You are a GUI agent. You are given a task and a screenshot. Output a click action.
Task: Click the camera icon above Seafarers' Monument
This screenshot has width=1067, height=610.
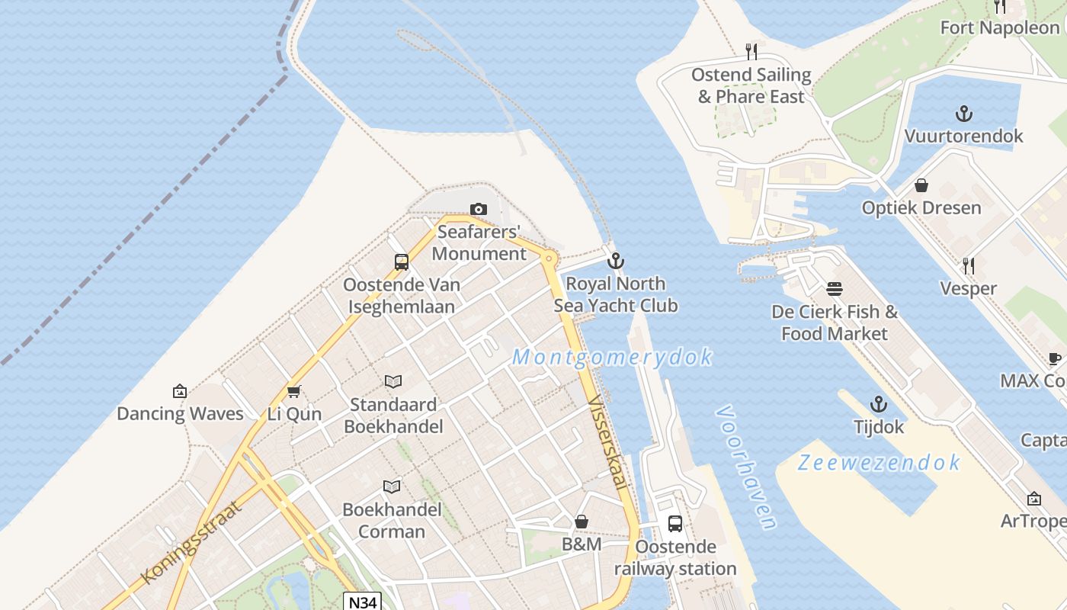[479, 209]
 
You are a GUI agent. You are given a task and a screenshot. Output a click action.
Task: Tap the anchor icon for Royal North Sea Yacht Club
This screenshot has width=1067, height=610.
[615, 262]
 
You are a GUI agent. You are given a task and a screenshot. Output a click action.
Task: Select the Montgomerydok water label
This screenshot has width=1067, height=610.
[613, 357]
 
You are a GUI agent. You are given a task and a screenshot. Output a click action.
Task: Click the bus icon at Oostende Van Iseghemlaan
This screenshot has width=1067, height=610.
[402, 262]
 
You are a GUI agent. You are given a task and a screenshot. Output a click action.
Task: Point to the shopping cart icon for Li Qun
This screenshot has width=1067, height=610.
[294, 392]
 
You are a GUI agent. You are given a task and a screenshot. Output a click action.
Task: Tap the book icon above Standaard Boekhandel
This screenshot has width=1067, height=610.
[393, 381]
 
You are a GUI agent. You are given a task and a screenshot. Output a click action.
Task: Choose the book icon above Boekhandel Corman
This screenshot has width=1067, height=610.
[392, 486]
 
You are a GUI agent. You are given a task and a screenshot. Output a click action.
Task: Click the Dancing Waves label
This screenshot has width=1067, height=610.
[180, 414]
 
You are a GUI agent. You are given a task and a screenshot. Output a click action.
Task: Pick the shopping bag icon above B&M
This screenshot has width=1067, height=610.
[582, 522]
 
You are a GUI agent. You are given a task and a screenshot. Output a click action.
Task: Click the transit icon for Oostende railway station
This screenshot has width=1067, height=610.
[675, 524]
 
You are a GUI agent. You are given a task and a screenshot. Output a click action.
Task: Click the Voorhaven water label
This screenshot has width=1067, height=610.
[747, 467]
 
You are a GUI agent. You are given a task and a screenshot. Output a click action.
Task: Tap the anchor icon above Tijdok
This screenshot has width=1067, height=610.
[879, 404]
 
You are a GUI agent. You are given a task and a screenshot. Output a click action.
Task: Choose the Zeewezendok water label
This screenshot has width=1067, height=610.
[879, 463]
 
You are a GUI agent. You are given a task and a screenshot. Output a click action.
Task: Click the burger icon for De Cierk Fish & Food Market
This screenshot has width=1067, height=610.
[835, 290]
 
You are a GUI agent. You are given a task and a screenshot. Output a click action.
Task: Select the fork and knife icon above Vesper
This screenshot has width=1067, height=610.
[969, 266]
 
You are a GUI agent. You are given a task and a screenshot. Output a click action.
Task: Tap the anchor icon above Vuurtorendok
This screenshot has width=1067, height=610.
[964, 114]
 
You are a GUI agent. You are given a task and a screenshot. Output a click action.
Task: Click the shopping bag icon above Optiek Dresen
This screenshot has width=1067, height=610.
[921, 185]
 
